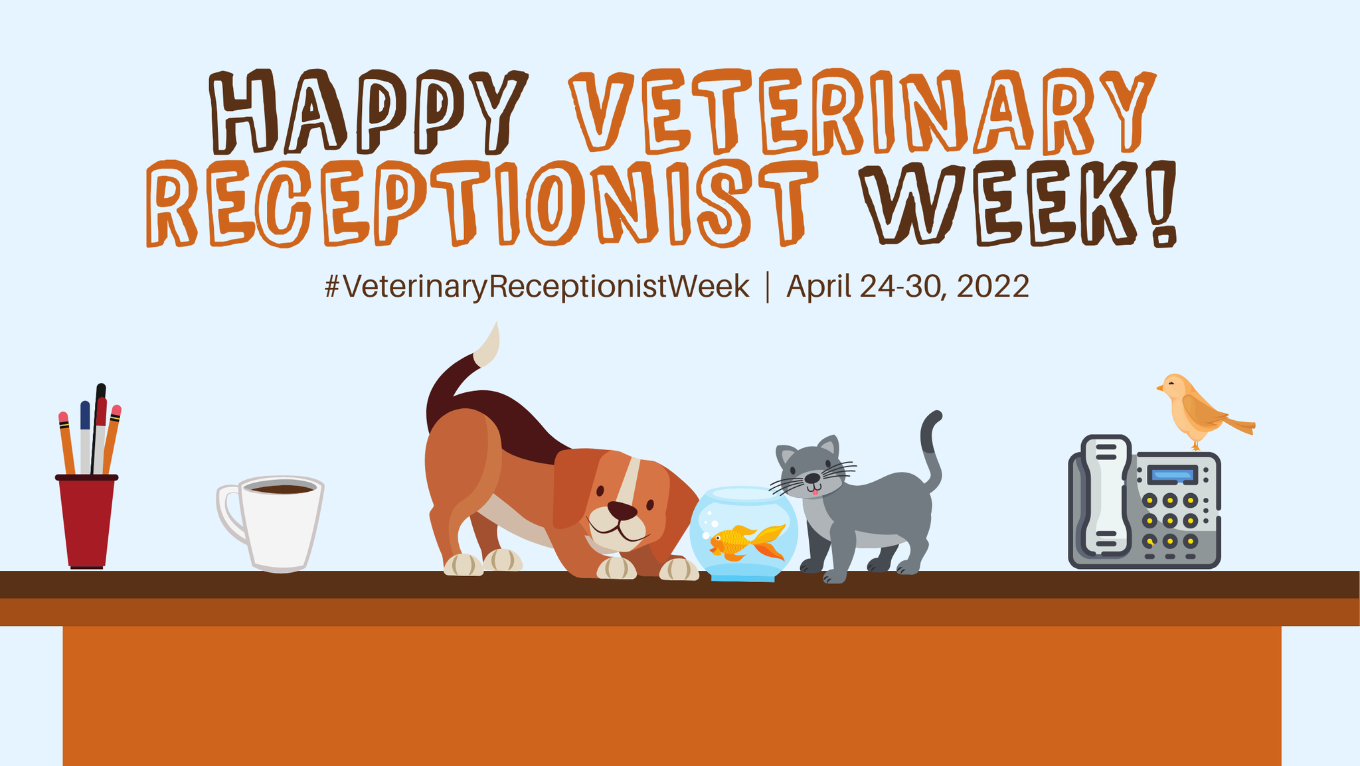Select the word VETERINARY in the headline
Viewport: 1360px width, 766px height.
(862, 111)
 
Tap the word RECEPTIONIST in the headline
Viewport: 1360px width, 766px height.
(482, 203)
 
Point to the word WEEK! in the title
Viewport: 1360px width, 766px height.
(1019, 203)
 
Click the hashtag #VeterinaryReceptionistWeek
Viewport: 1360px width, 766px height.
(537, 287)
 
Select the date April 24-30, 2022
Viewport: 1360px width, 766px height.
(908, 287)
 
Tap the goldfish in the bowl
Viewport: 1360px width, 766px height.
(748, 542)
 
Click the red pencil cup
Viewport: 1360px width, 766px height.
(87, 521)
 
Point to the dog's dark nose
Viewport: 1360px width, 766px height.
(622, 510)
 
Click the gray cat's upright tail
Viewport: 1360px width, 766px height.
(932, 451)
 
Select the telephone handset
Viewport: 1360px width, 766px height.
(1106, 495)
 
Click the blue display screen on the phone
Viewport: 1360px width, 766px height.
(1172, 475)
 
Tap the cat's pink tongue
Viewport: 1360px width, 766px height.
(815, 492)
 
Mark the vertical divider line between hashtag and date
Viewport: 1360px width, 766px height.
(768, 287)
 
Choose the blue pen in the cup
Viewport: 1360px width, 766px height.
(85, 436)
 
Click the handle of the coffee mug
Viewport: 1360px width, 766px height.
(230, 515)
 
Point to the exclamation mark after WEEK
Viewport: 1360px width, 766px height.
(1164, 203)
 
